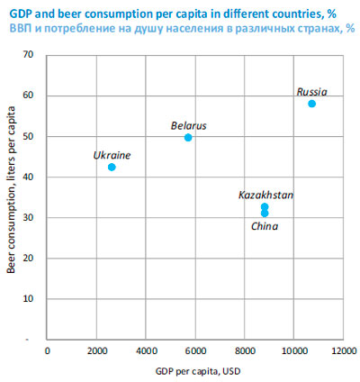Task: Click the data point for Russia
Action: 311,104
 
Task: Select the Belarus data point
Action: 188,138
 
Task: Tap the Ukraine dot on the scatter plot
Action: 112,167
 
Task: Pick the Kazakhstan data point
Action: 265,206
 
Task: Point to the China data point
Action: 265,214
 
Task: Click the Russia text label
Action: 311,92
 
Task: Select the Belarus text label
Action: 189,125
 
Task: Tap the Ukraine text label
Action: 112,155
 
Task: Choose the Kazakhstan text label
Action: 265,195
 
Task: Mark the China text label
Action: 265,226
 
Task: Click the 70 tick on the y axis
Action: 28,55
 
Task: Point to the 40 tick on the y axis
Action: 28,177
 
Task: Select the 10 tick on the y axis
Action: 28,299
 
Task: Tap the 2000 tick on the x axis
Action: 97,350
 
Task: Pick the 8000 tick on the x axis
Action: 245,350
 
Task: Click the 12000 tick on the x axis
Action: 344,350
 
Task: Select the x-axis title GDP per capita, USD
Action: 198,371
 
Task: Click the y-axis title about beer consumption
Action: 11,190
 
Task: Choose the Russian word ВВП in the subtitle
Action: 21,29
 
